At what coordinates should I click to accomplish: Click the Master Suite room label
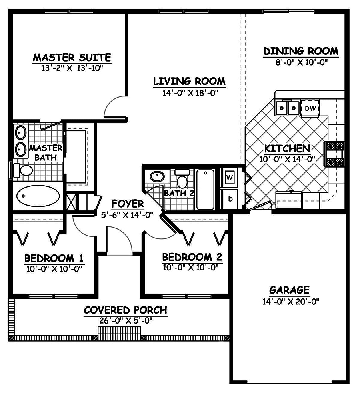(x=72, y=58)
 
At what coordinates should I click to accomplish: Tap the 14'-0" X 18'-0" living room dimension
(x=189, y=93)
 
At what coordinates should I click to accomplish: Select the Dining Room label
(x=301, y=51)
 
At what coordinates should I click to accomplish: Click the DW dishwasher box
(x=310, y=108)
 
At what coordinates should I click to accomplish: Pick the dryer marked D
(x=230, y=198)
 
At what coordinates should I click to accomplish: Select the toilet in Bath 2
(x=182, y=180)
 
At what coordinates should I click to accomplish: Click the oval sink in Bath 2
(x=156, y=176)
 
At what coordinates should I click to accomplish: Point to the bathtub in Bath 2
(x=206, y=189)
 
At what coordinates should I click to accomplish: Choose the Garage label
(x=289, y=289)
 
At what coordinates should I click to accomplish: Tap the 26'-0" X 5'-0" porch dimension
(x=125, y=320)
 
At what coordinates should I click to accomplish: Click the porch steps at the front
(x=119, y=332)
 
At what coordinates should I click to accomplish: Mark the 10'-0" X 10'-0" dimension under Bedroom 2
(x=192, y=267)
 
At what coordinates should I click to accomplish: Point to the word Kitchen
(x=287, y=149)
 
